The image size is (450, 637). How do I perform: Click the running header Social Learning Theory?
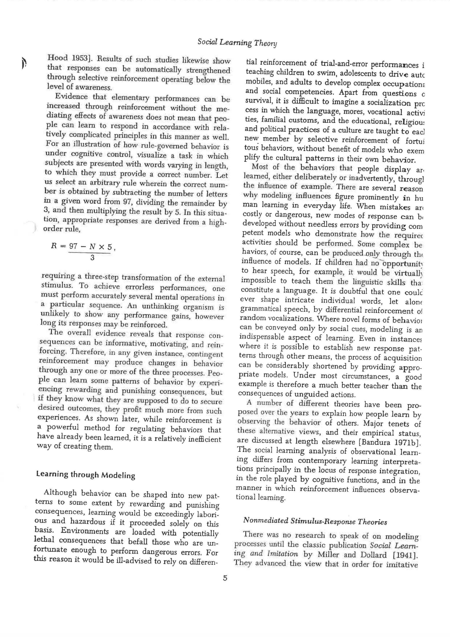[237, 42]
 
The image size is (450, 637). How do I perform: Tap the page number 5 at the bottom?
[225, 578]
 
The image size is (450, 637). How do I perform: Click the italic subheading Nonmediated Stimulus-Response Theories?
[315, 521]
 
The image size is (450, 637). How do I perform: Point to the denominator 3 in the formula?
[92, 258]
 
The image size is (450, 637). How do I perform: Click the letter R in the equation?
[54, 245]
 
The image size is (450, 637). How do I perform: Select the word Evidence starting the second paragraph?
[71, 96]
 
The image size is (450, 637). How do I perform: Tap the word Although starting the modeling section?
[60, 492]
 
